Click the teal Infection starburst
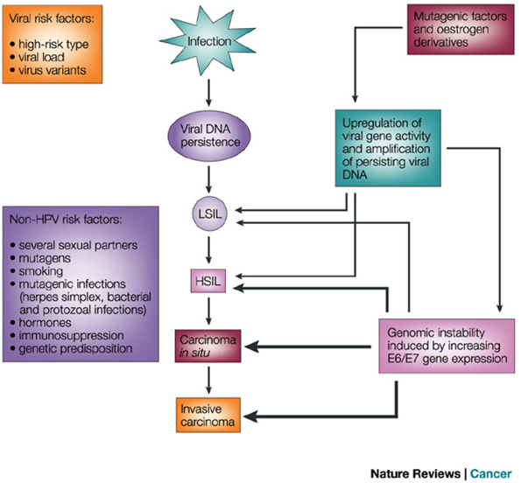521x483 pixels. [x=208, y=41]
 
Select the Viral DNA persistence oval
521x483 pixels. [x=209, y=136]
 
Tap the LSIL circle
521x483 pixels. [x=209, y=213]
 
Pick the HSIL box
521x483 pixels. [x=208, y=281]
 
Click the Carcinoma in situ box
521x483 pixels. [x=208, y=346]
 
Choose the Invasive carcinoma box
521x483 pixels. [x=208, y=415]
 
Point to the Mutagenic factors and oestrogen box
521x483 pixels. [x=461, y=29]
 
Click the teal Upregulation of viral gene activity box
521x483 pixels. [x=388, y=148]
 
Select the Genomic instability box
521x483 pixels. [x=447, y=346]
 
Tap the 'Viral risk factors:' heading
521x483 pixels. [x=52, y=18]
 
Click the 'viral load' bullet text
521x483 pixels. [x=41, y=57]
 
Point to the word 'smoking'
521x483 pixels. [x=41, y=271]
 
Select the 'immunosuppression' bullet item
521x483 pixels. [x=71, y=336]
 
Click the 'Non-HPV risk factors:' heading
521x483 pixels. [x=66, y=220]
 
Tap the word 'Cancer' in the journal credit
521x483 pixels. [x=491, y=473]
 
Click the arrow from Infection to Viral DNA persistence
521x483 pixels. [x=208, y=93]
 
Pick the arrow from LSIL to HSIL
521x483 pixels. [x=208, y=250]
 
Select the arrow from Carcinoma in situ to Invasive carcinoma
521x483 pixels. [x=208, y=380]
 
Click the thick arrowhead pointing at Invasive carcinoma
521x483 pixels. [x=250, y=416]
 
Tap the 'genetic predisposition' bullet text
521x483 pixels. [x=76, y=348]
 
